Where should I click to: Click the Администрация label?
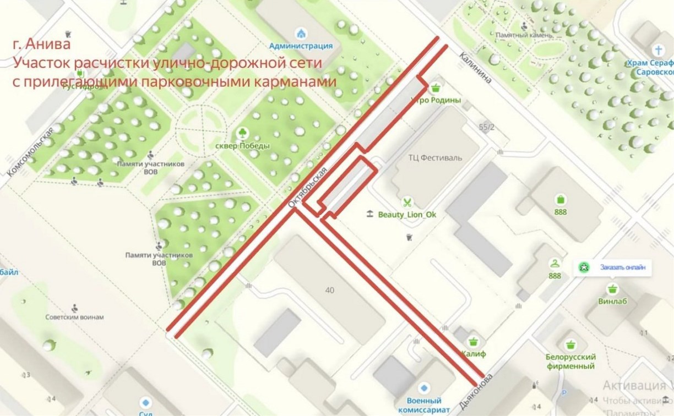pos(301,46)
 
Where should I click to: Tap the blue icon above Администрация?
pos(301,32)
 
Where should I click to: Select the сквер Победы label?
pos(243,146)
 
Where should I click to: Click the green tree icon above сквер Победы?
pos(242,133)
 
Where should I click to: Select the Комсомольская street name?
pos(31,151)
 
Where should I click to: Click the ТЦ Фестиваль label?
pos(435,157)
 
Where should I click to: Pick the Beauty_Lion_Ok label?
pos(407,215)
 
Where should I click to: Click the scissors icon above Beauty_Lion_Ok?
pos(407,201)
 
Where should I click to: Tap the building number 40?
pos(329,290)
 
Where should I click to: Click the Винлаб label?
pos(613,302)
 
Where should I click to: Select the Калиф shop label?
pos(474,354)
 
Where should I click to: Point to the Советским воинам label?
pos(75,318)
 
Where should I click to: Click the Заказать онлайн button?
pos(615,267)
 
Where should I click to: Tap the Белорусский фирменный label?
pos(570,361)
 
